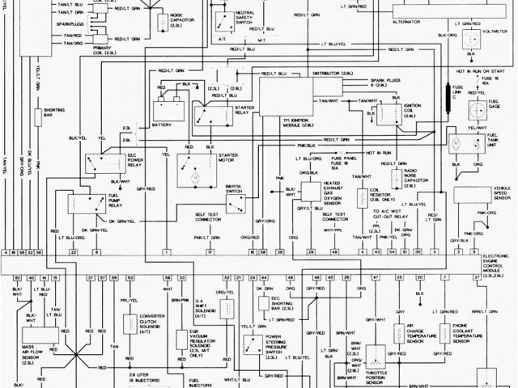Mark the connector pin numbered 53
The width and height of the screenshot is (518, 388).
point(130,277)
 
